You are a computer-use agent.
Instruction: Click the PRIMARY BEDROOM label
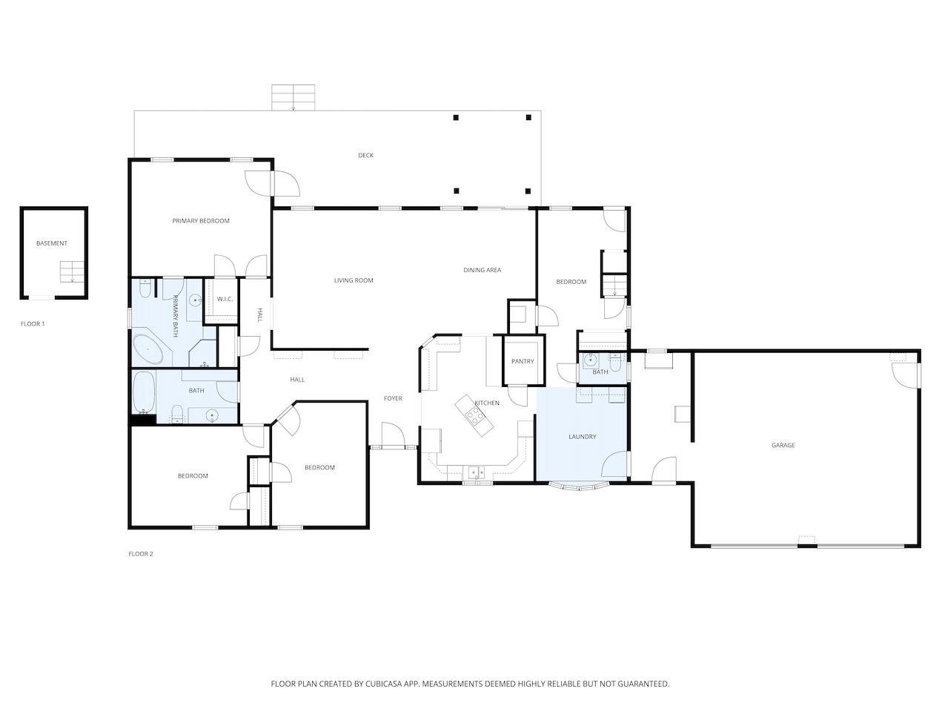pyautogui.click(x=201, y=221)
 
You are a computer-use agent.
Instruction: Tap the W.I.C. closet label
pyautogui.click(x=225, y=299)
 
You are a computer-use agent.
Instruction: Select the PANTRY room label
pyautogui.click(x=523, y=361)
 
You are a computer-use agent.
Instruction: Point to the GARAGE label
pyautogui.click(x=783, y=446)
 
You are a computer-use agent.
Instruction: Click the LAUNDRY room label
pyautogui.click(x=582, y=437)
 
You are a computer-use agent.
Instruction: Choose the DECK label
pyautogui.click(x=365, y=156)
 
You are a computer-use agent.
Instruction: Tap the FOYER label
pyautogui.click(x=393, y=399)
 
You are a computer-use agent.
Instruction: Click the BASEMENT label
pyautogui.click(x=52, y=243)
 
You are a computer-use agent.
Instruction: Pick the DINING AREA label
pyautogui.click(x=482, y=270)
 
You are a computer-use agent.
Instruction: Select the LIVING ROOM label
pyautogui.click(x=354, y=280)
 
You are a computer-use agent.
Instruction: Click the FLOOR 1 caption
pyautogui.click(x=33, y=324)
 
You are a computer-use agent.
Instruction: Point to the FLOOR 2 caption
pyautogui.click(x=141, y=554)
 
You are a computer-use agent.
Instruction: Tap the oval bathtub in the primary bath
pyautogui.click(x=148, y=349)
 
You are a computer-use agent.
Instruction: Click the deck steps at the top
pyautogui.click(x=293, y=97)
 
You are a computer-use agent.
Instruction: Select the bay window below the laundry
pyautogui.click(x=580, y=486)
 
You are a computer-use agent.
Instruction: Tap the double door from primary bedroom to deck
pyautogui.click(x=272, y=182)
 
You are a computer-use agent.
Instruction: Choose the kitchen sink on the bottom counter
pyautogui.click(x=475, y=472)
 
